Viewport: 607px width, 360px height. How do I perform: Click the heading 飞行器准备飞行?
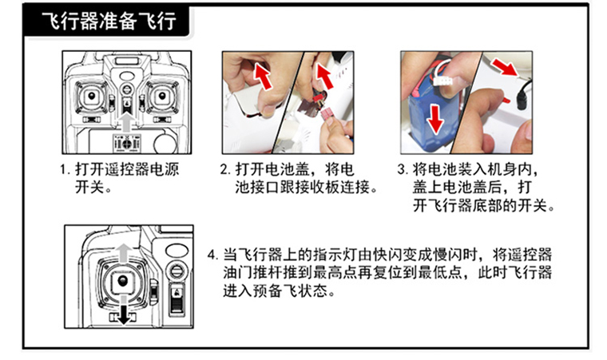click(x=109, y=21)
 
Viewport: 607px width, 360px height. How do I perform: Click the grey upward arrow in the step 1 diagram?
click(x=126, y=122)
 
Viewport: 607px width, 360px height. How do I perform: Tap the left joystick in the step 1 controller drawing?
click(x=92, y=96)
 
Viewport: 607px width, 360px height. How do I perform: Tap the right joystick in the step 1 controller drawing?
click(x=161, y=96)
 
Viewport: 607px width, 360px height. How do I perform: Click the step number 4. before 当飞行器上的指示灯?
click(x=213, y=255)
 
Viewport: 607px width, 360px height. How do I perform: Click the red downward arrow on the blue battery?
click(x=435, y=119)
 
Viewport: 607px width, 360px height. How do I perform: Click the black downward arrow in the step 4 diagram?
click(x=124, y=310)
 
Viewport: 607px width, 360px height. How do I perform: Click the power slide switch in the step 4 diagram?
click(x=177, y=299)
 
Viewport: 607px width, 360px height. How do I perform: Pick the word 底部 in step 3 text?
click(x=487, y=205)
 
